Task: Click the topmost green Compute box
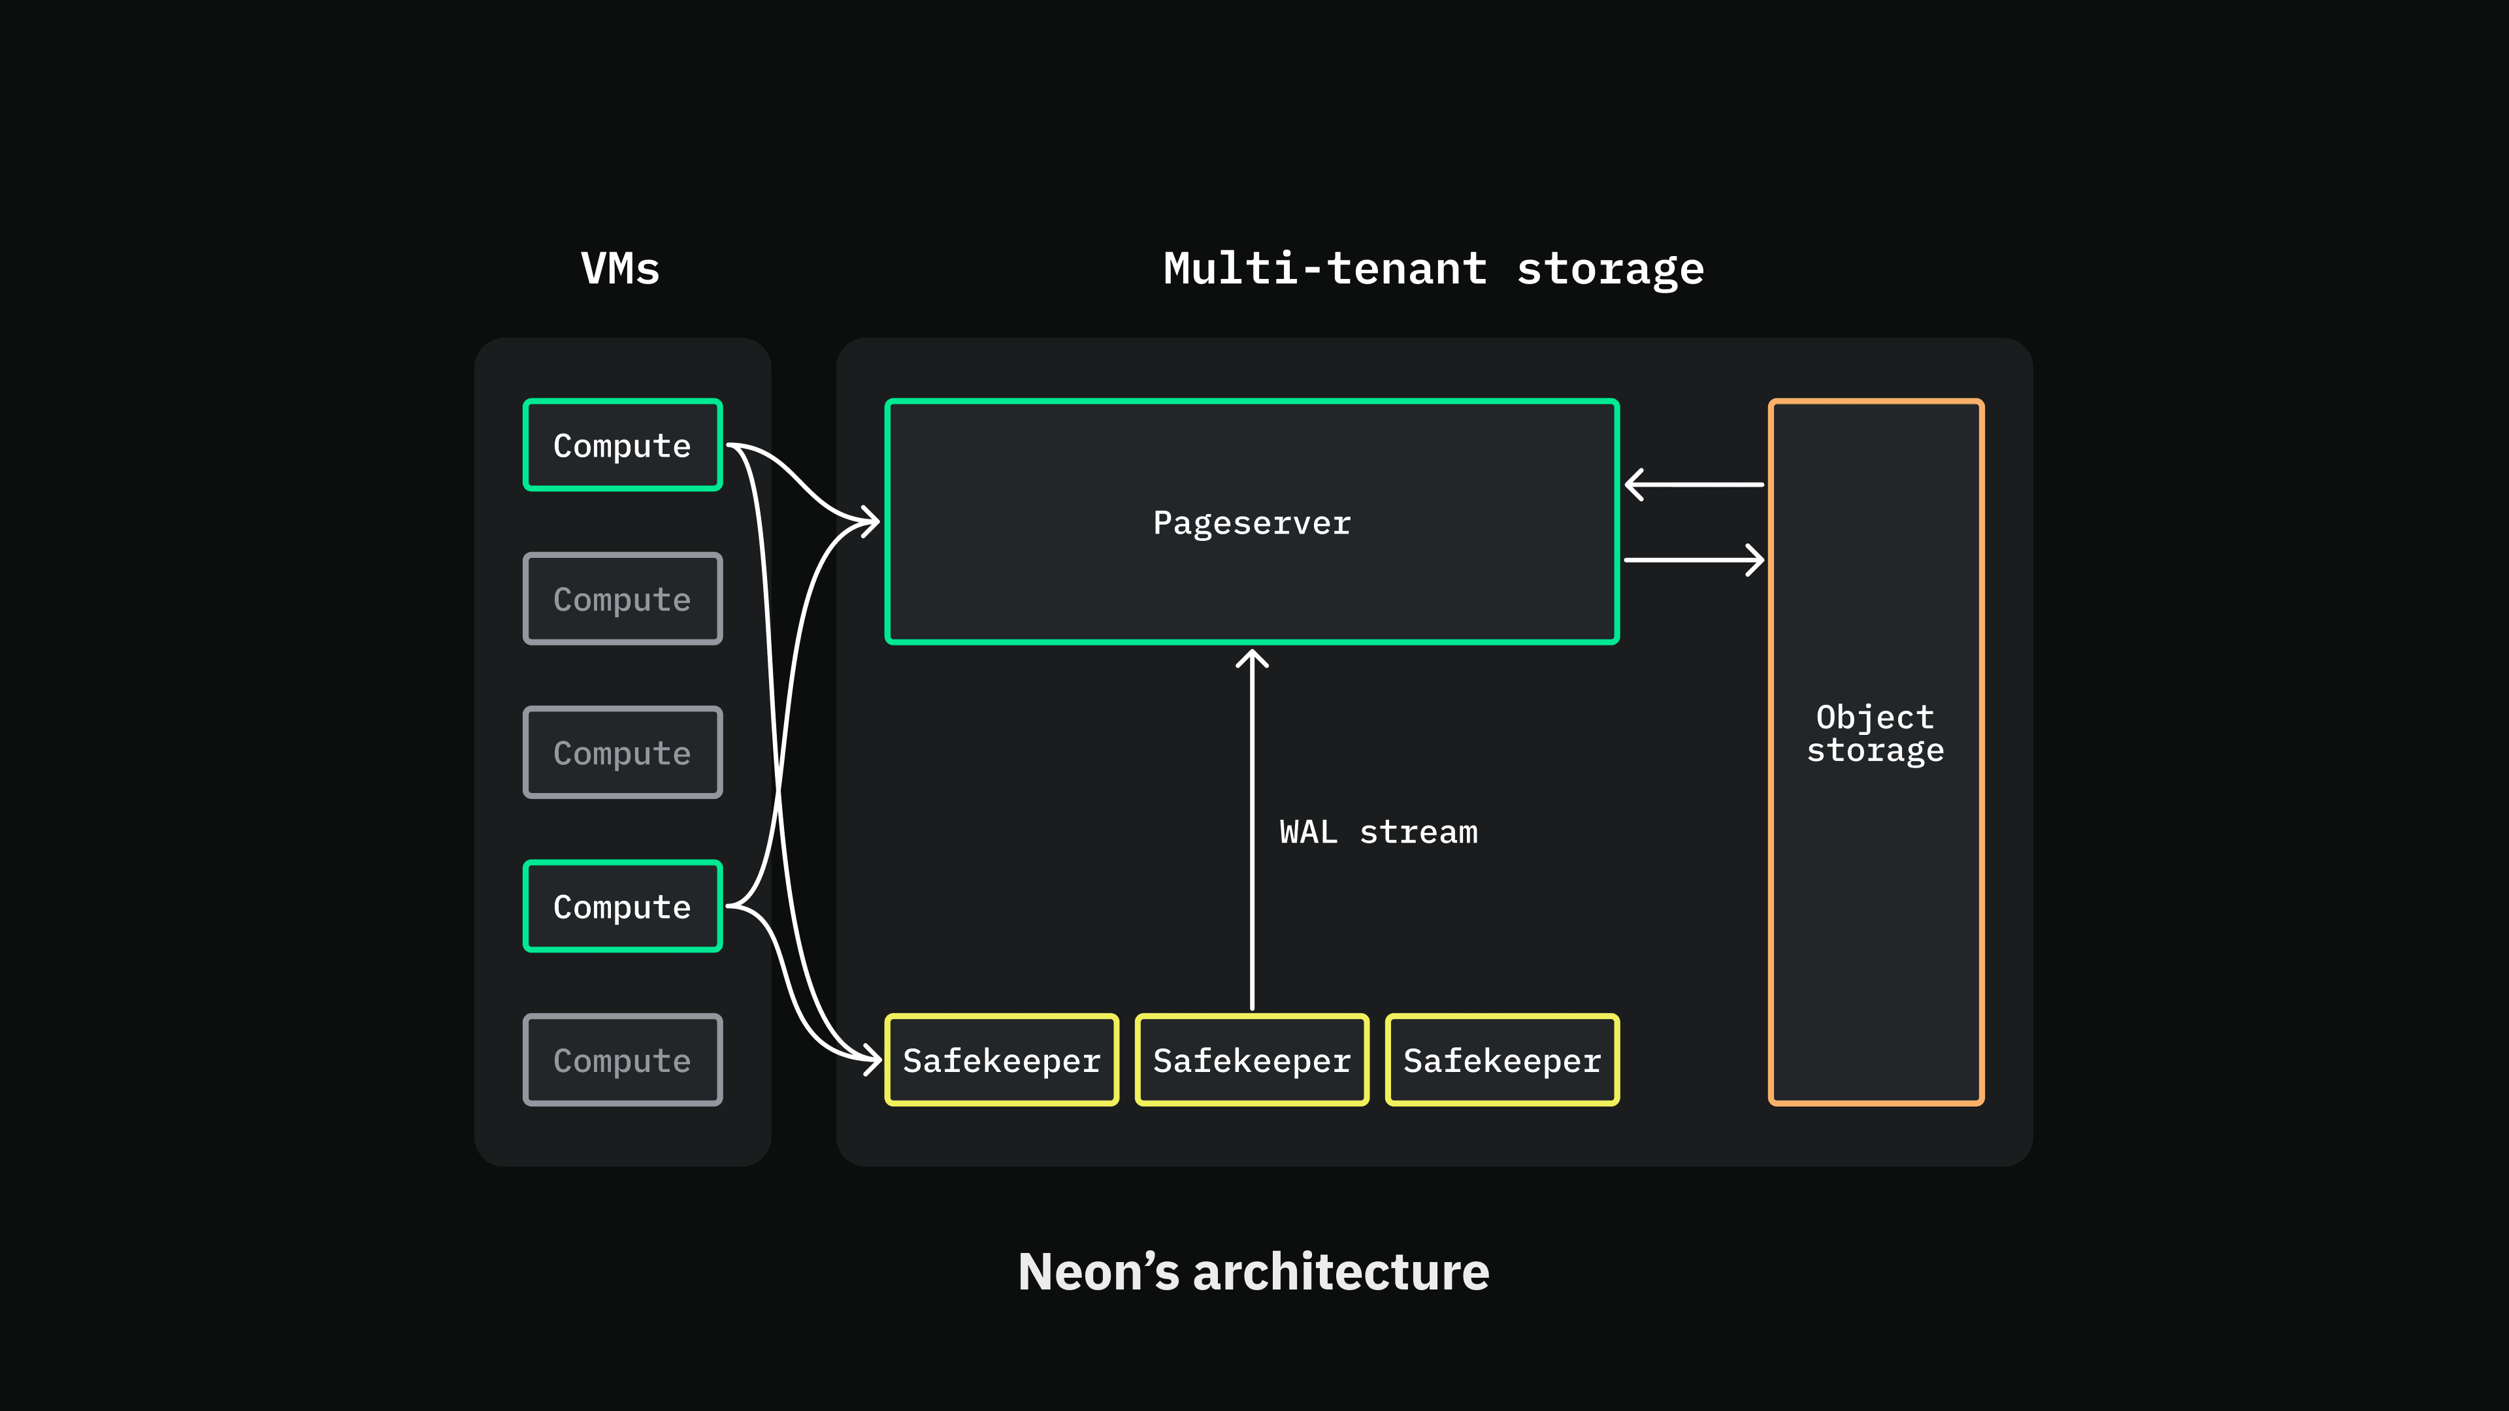[623, 445]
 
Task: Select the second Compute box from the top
[623, 599]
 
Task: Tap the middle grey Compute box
[623, 753]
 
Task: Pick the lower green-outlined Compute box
[623, 907]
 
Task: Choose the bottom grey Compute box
[623, 1060]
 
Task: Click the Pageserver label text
[1252, 523]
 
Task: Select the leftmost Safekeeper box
[1001, 1060]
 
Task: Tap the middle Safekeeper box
[1252, 1060]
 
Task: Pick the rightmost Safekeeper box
[1502, 1060]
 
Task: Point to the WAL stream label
[1378, 833]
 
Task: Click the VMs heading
[621, 268]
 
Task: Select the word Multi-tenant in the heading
[1324, 268]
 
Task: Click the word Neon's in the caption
[1098, 1272]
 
